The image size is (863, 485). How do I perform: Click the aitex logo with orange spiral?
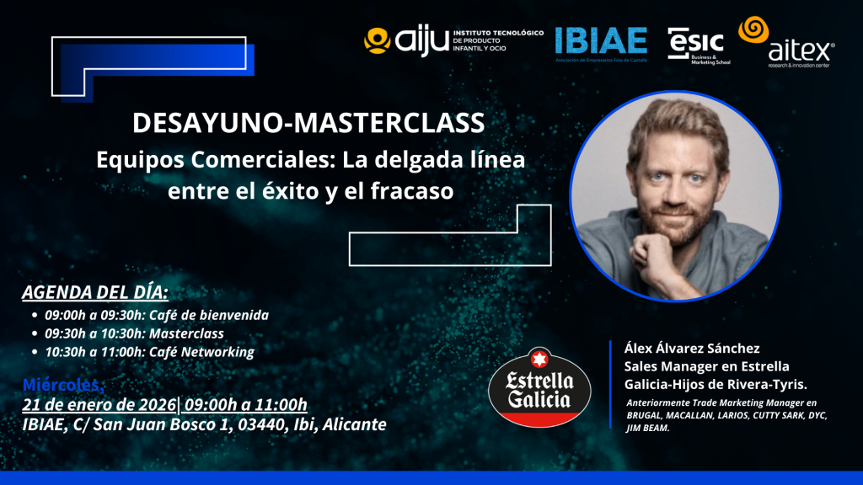click(x=787, y=45)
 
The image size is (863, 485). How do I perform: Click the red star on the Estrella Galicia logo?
click(x=539, y=360)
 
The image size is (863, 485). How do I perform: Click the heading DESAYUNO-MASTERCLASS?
click(x=308, y=123)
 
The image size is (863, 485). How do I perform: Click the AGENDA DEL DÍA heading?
click(x=95, y=293)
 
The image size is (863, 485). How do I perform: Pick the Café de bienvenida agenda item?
click(x=157, y=316)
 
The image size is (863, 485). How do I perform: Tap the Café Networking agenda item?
click(x=149, y=352)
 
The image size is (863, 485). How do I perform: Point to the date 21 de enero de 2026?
click(x=99, y=405)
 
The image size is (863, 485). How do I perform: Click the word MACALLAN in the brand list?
click(x=699, y=416)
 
